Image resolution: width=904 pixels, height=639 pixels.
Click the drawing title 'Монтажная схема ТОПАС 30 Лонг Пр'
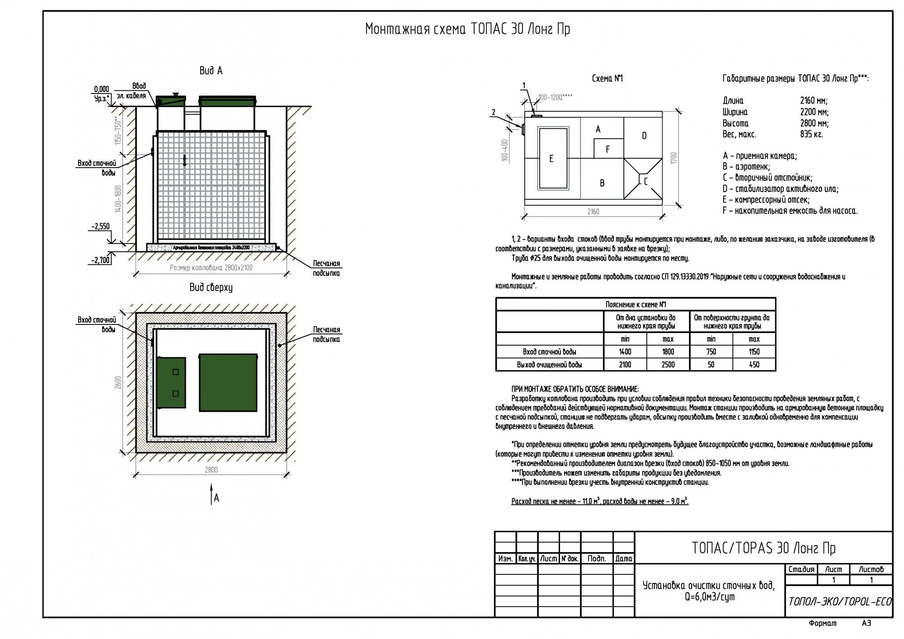tap(467, 29)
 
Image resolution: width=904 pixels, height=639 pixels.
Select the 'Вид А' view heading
tap(211, 70)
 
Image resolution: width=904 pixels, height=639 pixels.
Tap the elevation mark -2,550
tap(100, 226)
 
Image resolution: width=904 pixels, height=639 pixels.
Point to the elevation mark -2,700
tap(100, 260)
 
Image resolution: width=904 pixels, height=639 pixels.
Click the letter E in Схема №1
tap(551, 159)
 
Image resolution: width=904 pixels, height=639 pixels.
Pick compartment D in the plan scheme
tap(644, 136)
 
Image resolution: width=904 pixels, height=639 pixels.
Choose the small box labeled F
tap(608, 149)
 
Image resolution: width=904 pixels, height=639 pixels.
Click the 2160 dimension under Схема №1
tap(593, 211)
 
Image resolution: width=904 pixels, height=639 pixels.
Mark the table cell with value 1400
tap(625, 352)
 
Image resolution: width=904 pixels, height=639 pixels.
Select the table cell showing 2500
tap(668, 365)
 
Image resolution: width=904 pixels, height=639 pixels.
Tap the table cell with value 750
tap(711, 352)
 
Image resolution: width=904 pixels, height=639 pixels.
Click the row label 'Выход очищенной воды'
tap(549, 365)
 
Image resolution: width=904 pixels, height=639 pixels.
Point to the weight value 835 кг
tap(811, 134)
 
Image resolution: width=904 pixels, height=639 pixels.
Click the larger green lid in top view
tap(228, 382)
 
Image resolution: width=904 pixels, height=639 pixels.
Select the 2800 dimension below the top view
tap(211, 470)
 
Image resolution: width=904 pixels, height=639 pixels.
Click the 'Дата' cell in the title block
tap(624, 559)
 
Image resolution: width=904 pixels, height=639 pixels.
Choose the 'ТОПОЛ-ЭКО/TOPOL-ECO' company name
tap(840, 601)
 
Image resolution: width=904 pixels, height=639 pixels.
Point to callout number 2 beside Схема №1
tap(494, 113)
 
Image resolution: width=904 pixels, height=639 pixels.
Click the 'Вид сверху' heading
tap(211, 287)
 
